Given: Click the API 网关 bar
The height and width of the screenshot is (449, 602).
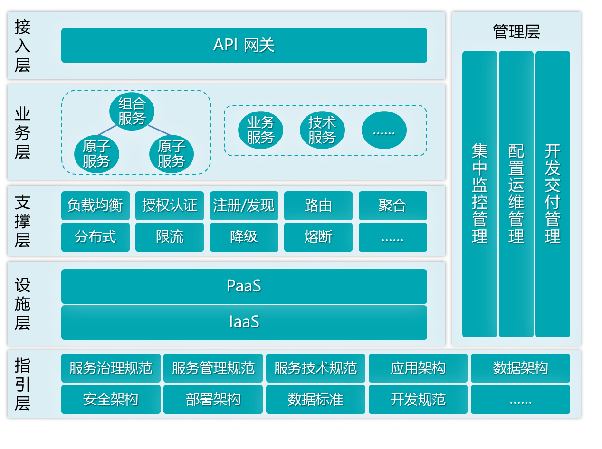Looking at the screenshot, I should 244,45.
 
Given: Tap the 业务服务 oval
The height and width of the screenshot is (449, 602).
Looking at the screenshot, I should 260,130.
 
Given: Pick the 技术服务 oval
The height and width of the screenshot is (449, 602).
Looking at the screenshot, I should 322,130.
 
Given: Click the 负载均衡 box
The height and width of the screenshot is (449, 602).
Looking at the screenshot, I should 95,206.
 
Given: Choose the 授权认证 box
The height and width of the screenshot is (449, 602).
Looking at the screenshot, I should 169,206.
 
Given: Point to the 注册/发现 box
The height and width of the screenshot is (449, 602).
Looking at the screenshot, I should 244,206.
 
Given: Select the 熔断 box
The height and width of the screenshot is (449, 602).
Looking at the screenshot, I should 318,237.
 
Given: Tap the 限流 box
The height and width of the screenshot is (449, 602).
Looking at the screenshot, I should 169,237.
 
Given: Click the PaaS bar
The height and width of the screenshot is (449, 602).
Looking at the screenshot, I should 244,286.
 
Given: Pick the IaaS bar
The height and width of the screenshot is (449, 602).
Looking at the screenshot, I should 244,322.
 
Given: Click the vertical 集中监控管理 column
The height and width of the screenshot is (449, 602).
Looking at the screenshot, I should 479,194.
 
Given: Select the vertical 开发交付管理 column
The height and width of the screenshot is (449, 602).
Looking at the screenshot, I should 553,194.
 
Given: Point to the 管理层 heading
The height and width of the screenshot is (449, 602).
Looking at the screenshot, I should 516,32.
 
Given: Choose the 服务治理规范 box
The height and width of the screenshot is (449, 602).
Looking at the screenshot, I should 111,368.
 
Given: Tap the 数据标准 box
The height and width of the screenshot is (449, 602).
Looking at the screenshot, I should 315,400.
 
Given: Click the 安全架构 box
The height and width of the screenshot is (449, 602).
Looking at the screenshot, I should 111,400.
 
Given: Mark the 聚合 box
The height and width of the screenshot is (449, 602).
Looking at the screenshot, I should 392,206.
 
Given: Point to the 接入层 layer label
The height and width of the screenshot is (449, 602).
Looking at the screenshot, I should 22,46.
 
